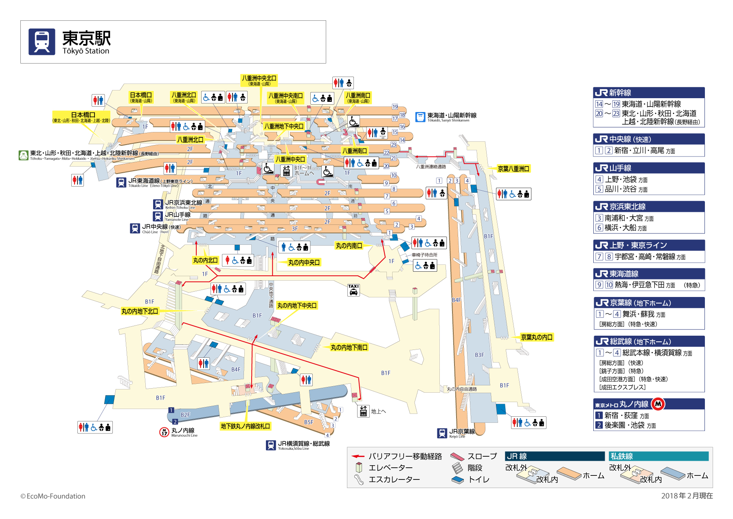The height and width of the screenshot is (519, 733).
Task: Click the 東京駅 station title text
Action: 86,38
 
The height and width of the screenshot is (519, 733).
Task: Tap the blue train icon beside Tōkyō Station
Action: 42,42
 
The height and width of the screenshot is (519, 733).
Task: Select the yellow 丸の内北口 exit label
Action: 205,260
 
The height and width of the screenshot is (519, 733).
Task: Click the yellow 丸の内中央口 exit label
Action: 304,263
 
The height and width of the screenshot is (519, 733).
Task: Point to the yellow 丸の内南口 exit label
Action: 349,246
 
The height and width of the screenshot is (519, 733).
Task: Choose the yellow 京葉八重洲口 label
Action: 513,169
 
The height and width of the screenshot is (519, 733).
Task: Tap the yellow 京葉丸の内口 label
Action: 537,337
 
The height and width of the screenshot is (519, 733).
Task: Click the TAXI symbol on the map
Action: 353,290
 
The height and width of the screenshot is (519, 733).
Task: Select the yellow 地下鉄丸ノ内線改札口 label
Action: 245,426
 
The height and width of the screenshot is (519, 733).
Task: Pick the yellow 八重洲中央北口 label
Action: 259,80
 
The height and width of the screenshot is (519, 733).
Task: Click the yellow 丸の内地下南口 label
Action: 349,347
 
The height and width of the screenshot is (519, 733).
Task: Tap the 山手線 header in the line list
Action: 620,168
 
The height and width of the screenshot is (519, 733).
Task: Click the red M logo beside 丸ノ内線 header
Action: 658,404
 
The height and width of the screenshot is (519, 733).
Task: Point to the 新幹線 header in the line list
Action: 620,92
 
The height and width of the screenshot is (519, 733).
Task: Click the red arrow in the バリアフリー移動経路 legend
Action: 358,456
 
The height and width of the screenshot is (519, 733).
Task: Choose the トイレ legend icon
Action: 458,480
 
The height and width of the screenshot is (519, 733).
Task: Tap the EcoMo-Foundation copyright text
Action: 53,496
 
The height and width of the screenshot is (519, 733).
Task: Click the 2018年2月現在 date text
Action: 687,496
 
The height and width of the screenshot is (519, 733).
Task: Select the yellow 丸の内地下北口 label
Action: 140,311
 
